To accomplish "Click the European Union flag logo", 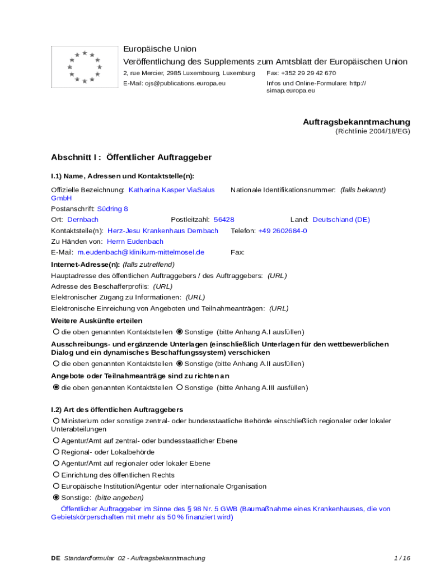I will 84,67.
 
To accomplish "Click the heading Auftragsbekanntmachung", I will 357,122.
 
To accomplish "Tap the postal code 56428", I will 224,220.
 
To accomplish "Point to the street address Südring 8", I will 113,209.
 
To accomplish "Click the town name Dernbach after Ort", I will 83,220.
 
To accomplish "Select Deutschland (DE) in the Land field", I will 341,220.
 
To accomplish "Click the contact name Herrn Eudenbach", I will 135,242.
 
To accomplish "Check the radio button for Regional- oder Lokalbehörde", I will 56,452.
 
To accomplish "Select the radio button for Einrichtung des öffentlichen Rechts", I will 56,475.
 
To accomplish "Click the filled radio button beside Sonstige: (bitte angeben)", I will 56,497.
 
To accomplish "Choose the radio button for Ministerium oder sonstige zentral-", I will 56,420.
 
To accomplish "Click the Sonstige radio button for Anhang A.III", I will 179,387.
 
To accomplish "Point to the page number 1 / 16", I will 402,558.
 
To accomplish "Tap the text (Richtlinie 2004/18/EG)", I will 373,131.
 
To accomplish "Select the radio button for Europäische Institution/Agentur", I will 56,486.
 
